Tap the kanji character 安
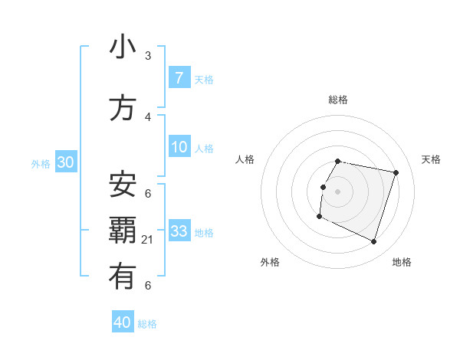point(123,184)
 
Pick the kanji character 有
point(123,277)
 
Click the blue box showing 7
point(179,77)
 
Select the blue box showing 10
point(179,147)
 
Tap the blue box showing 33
point(179,231)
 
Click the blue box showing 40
point(123,322)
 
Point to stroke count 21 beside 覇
point(148,241)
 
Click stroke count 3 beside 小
point(148,56)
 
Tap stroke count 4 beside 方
point(148,118)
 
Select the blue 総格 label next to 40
point(147,324)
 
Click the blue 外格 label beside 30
point(41,163)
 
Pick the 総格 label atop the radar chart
point(338,100)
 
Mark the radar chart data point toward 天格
point(396,173)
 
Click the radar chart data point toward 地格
point(373,241)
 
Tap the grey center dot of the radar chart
point(338,191)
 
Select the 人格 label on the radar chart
point(245,159)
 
